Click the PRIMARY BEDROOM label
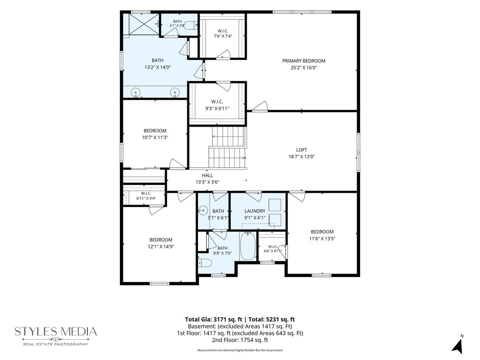304,61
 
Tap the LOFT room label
301,150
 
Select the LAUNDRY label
255,211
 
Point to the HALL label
207,175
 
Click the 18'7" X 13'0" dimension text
301,156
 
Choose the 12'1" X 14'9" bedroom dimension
161,246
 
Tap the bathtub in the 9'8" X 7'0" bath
248,246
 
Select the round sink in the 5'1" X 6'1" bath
203,210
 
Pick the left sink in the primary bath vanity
135,92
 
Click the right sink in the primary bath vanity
175,92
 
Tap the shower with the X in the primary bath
144,24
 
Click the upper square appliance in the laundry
275,205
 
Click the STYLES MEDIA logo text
56,331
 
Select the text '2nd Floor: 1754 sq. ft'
240,340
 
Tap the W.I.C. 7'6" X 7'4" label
223,34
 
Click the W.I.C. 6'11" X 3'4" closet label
146,196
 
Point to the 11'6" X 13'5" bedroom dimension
322,238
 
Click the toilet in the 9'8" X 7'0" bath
205,263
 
